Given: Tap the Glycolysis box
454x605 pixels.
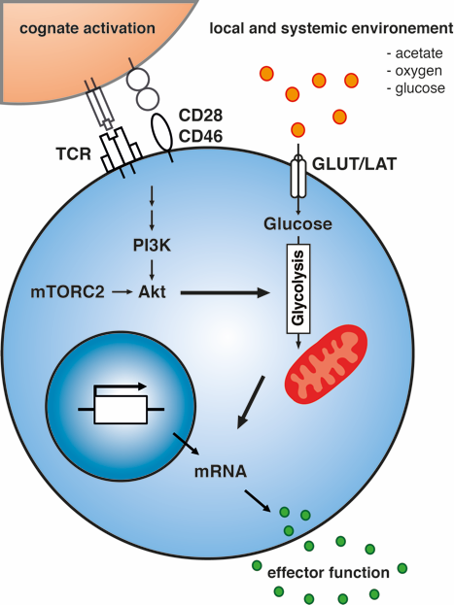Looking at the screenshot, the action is point(298,288).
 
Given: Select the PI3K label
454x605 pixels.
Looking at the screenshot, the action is point(152,246).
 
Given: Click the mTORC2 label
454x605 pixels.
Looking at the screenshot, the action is point(68,292).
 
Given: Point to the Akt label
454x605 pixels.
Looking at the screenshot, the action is point(152,292).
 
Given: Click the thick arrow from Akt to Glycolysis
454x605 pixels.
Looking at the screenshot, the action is point(226,293).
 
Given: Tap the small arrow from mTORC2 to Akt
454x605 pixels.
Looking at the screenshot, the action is point(122,292).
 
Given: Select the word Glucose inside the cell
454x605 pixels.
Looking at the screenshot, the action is point(297,223).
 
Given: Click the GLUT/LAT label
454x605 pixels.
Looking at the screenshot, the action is point(354,164).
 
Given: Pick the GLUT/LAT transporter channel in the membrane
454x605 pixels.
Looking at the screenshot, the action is point(297,177).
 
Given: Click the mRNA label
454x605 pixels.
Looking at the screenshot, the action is point(221,471).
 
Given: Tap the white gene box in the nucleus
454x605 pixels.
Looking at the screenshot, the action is point(121,410).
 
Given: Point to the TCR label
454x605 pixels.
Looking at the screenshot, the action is point(74,154).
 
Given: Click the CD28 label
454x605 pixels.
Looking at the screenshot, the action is point(200,115).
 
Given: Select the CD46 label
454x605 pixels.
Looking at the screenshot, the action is point(200,136).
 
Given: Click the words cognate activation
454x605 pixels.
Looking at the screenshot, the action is point(87,28).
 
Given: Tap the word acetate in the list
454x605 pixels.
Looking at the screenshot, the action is point(419,53).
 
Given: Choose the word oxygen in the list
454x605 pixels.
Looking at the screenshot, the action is point(418,71).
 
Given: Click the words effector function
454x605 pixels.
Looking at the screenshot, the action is point(329,573).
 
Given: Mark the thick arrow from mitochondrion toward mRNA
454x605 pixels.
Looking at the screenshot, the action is point(251,402).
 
